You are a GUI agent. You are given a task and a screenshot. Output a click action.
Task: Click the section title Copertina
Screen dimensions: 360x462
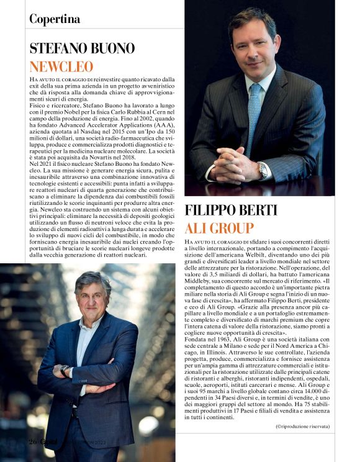pyautogui.click(x=55, y=19)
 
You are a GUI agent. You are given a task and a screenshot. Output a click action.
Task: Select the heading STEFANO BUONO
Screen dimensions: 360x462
pyautogui.click(x=82, y=48)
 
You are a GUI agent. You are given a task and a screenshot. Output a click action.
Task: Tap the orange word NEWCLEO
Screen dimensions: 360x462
pyautogui.click(x=61, y=66)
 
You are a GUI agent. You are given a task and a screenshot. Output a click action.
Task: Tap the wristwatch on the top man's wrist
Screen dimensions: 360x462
pyautogui.click(x=263, y=170)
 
